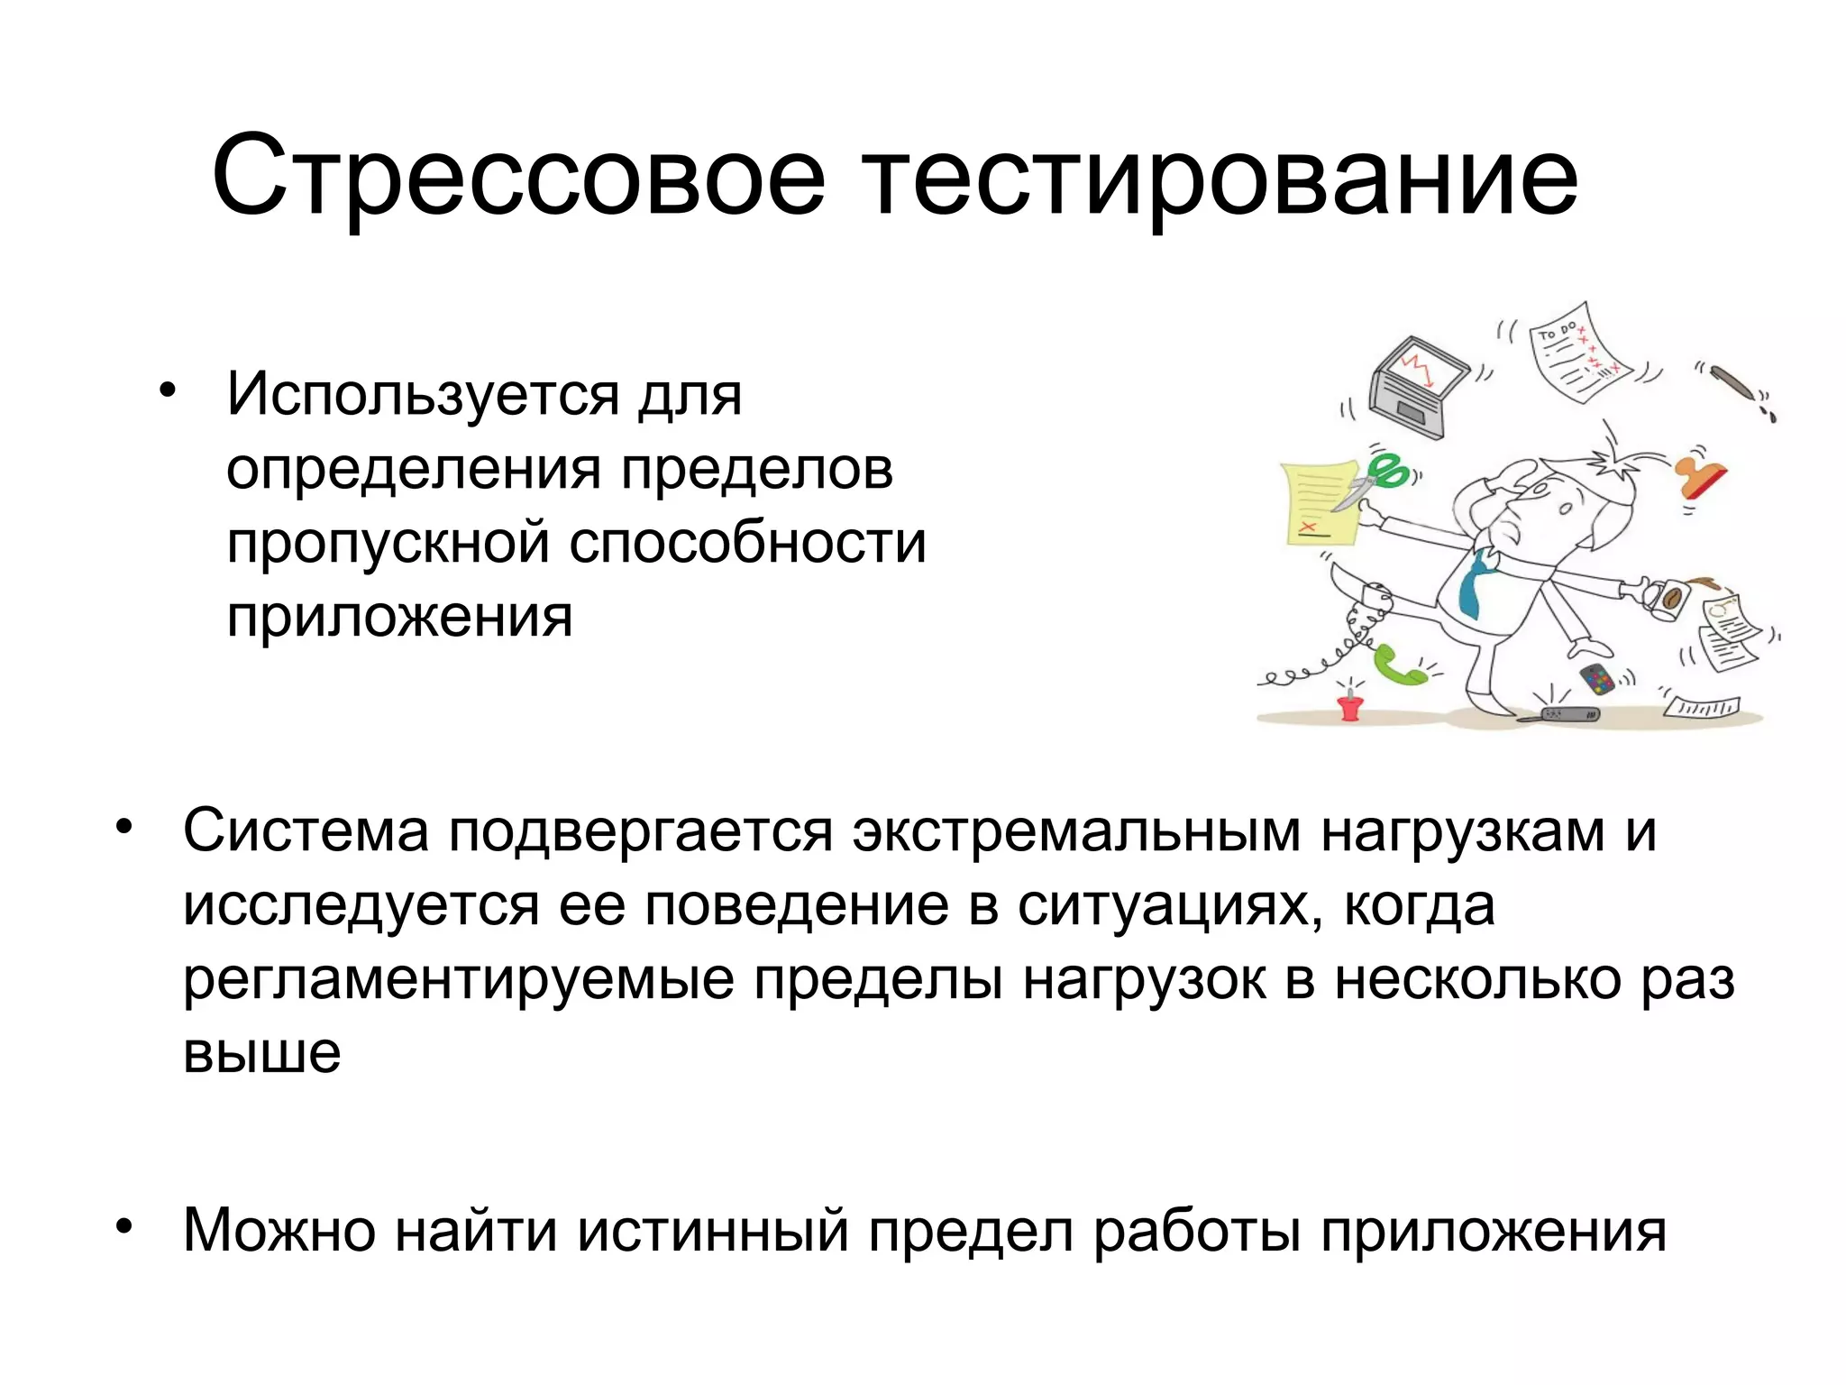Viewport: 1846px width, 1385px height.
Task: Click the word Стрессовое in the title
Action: [x=518, y=176]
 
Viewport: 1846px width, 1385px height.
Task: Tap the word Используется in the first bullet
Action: [x=423, y=394]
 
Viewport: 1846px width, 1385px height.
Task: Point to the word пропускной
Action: [x=388, y=543]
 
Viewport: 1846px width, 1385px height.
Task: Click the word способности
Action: [x=747, y=543]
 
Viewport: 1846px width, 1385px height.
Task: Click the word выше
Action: [x=261, y=1052]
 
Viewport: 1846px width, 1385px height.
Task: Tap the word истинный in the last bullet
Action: [x=713, y=1230]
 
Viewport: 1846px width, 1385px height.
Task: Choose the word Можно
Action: [x=279, y=1230]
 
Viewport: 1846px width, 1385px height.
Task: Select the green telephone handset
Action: [x=1398, y=666]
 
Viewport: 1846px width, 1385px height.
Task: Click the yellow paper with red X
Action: [x=1319, y=505]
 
